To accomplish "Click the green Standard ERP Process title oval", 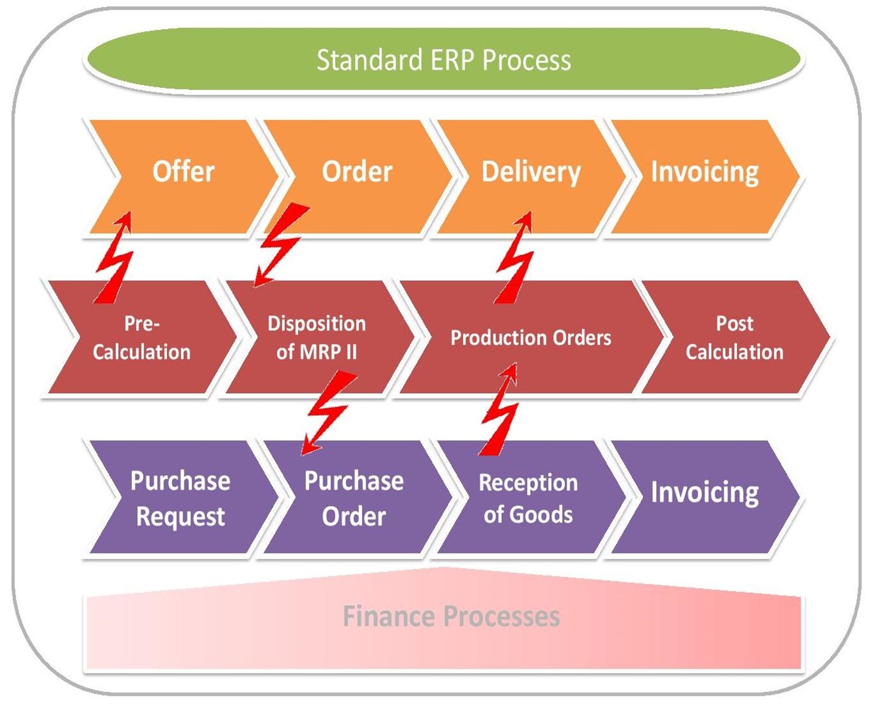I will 443,60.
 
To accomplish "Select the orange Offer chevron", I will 183,172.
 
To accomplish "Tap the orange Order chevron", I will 357,172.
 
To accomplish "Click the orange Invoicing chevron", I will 704,172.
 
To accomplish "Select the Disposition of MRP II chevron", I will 316,337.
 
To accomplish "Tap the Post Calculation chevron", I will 734,337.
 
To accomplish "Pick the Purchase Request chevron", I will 180,498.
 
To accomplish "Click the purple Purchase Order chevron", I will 354,498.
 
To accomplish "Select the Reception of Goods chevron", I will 528,498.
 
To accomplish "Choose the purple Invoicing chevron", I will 704,493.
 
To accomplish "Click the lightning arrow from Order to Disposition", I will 280,244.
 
